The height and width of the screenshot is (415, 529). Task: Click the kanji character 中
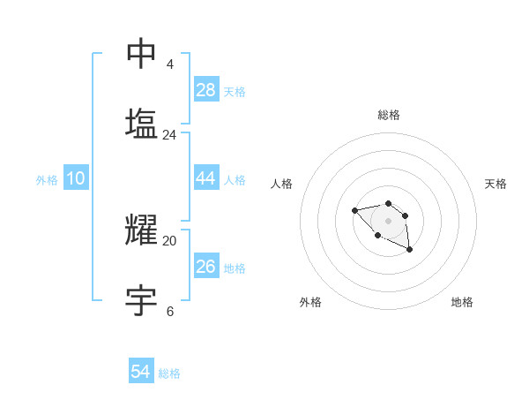[x=141, y=53]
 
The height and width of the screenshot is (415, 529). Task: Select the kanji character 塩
[x=141, y=123]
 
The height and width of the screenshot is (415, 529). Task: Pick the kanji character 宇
[x=141, y=300]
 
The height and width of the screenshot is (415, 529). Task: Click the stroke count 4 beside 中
[x=169, y=64]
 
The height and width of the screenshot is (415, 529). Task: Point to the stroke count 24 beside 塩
[x=169, y=135]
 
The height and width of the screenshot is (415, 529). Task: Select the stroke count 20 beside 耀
[x=169, y=240]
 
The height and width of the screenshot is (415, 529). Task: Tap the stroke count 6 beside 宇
[x=169, y=311]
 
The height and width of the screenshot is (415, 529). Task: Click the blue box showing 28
[x=206, y=90]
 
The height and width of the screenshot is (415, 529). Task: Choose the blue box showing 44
[x=206, y=178]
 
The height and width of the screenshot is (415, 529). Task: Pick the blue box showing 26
[x=206, y=267]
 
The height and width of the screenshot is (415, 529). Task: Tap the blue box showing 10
[x=76, y=178]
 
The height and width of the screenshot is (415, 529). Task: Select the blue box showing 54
[x=141, y=372]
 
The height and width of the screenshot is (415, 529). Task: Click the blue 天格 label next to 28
[x=235, y=92]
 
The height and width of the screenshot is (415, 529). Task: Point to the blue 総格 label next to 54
[x=169, y=373]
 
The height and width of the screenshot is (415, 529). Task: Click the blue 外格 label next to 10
[x=47, y=180]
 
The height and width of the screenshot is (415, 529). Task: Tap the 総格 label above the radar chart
[x=389, y=115]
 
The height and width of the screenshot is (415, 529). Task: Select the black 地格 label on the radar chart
[x=462, y=302]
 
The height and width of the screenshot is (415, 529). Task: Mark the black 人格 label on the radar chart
[x=282, y=184]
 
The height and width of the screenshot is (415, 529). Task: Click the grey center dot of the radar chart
[x=388, y=221]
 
